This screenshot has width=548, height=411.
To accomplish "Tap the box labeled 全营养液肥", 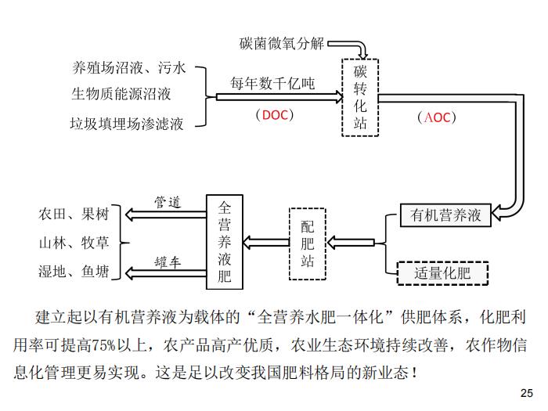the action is point(225,242).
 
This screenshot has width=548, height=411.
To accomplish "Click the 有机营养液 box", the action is point(445,215).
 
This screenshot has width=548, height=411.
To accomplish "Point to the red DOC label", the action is point(275,115).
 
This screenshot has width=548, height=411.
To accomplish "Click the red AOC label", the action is point(437,117).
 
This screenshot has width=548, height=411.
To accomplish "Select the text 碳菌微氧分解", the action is point(282,44).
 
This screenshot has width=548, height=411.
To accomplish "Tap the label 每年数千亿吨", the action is point(272,84).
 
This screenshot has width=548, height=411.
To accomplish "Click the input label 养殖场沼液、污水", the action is point(129,67).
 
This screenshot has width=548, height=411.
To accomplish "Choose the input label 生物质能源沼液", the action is point(121,94).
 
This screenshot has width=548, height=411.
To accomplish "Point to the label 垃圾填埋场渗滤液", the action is point(127,124).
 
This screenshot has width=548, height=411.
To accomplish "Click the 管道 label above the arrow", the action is point(168,202).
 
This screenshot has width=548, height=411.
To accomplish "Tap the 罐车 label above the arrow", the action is point(168,262).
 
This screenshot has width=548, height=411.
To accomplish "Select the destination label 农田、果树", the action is point(74,214).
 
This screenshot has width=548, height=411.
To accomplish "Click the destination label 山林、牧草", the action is point(74,243).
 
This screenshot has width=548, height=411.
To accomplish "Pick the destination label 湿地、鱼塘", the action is point(74,271).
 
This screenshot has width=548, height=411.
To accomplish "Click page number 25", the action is point(527,393).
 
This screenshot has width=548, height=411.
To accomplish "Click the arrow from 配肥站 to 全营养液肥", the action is point(266,242).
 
